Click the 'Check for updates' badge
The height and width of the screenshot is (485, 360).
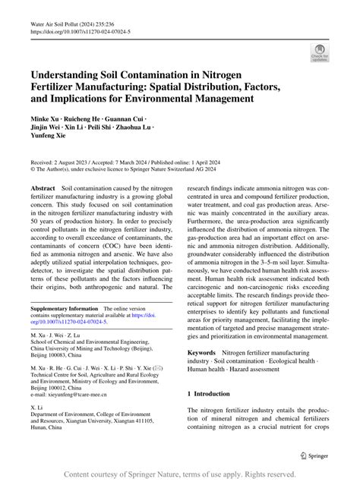[x=319, y=52]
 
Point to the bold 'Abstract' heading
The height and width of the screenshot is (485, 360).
[x=43, y=187]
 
